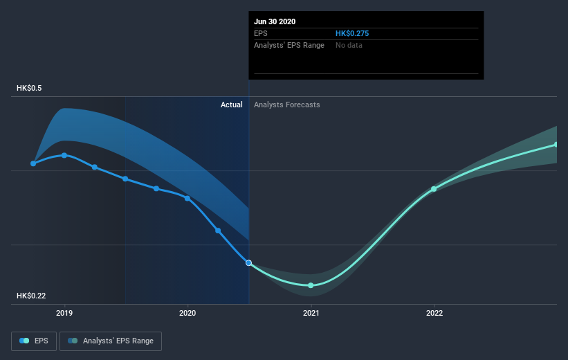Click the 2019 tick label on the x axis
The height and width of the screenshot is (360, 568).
tap(64, 313)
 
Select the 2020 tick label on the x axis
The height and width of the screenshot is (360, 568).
tap(187, 313)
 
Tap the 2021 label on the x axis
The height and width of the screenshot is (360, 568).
tap(311, 313)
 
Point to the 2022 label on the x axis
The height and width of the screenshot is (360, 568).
tap(434, 313)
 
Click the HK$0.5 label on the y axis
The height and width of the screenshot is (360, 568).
tap(30, 89)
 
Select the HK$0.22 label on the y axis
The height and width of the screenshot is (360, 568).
tap(32, 296)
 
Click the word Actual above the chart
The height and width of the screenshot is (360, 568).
tap(231, 105)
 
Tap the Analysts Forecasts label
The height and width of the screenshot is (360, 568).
tap(287, 105)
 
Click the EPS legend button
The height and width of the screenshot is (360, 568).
tap(34, 341)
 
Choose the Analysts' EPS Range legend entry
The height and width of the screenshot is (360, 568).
tap(111, 341)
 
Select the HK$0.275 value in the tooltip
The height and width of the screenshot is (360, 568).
tap(353, 33)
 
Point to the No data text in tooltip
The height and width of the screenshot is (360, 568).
tap(349, 45)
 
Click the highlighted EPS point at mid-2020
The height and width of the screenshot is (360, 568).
tap(249, 263)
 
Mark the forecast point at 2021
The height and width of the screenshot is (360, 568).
tap(311, 285)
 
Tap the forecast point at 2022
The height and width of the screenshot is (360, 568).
tap(434, 189)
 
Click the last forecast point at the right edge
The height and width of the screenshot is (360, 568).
tap(556, 145)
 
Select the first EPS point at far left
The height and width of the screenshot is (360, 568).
tap(33, 163)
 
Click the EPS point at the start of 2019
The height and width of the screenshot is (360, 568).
tap(64, 155)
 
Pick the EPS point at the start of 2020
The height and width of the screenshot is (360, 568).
tap(187, 198)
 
